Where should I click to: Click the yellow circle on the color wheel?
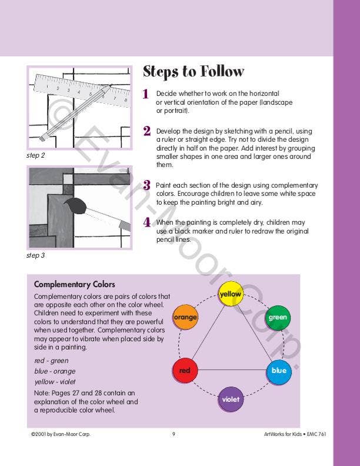coord(231,294)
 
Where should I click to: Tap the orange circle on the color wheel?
coord(185,317)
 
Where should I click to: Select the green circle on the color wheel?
coord(278,318)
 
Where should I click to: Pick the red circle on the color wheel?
coord(185,370)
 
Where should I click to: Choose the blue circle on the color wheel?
coord(279,370)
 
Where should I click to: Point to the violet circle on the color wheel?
coord(231,399)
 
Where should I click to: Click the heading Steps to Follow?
coord(194,72)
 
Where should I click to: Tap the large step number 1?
coord(145,94)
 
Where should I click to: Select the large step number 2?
coord(146,131)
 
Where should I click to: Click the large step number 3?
coord(146,185)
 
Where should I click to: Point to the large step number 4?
coord(147,222)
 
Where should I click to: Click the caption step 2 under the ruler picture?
coord(36,155)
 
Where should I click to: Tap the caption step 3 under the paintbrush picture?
coord(36,255)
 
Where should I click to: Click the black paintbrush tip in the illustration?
coord(74,206)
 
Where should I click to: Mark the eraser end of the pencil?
coord(44,137)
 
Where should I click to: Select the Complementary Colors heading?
coord(75,284)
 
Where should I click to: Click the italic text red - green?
coord(51,361)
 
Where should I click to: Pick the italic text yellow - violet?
coord(55,382)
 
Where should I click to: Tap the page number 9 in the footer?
coord(174,434)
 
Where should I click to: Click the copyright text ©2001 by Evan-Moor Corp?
coord(61,434)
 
